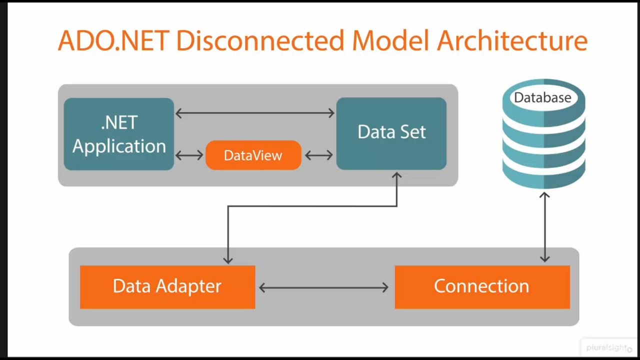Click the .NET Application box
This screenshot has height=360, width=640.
click(119, 134)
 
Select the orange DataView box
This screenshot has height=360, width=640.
click(253, 155)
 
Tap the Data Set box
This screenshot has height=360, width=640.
click(391, 132)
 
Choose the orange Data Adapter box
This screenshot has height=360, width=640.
click(167, 286)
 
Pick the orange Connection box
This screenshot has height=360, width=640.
click(482, 286)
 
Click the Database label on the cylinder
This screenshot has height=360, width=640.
click(542, 97)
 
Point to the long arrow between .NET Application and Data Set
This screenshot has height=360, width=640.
click(255, 113)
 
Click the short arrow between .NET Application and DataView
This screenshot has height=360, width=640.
click(189, 155)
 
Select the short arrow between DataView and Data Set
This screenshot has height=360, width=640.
click(318, 155)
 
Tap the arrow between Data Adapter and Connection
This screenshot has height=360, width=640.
click(324, 287)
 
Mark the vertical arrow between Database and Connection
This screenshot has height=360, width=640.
click(544, 227)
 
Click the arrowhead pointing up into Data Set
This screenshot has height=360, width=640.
click(396, 176)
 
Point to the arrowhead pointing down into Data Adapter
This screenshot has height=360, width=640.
click(228, 260)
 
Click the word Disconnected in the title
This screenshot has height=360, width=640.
click(260, 41)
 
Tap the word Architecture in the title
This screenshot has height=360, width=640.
click(511, 41)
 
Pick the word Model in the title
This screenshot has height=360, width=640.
click(390, 41)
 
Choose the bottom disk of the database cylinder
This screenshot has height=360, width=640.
click(543, 175)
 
